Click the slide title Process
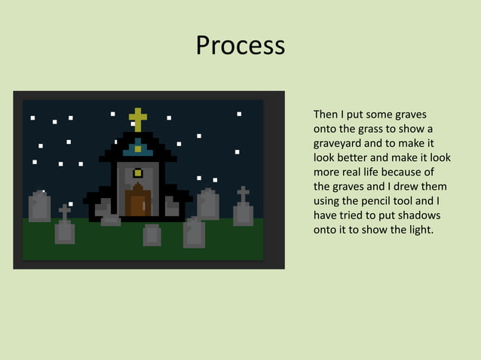click(x=240, y=46)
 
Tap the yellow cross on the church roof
click(x=137, y=119)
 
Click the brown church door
click(x=138, y=202)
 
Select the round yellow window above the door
click(x=138, y=173)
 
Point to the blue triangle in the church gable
click(x=138, y=149)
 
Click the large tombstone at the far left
click(x=39, y=206)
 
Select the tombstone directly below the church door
click(x=152, y=235)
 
